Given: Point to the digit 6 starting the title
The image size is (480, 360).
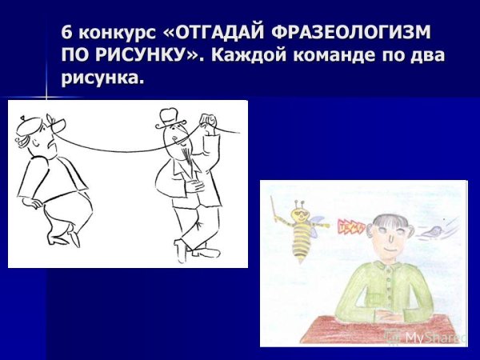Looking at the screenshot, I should pyautogui.click(x=66, y=35).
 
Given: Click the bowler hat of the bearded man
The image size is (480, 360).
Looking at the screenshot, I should pyautogui.click(x=169, y=116).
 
